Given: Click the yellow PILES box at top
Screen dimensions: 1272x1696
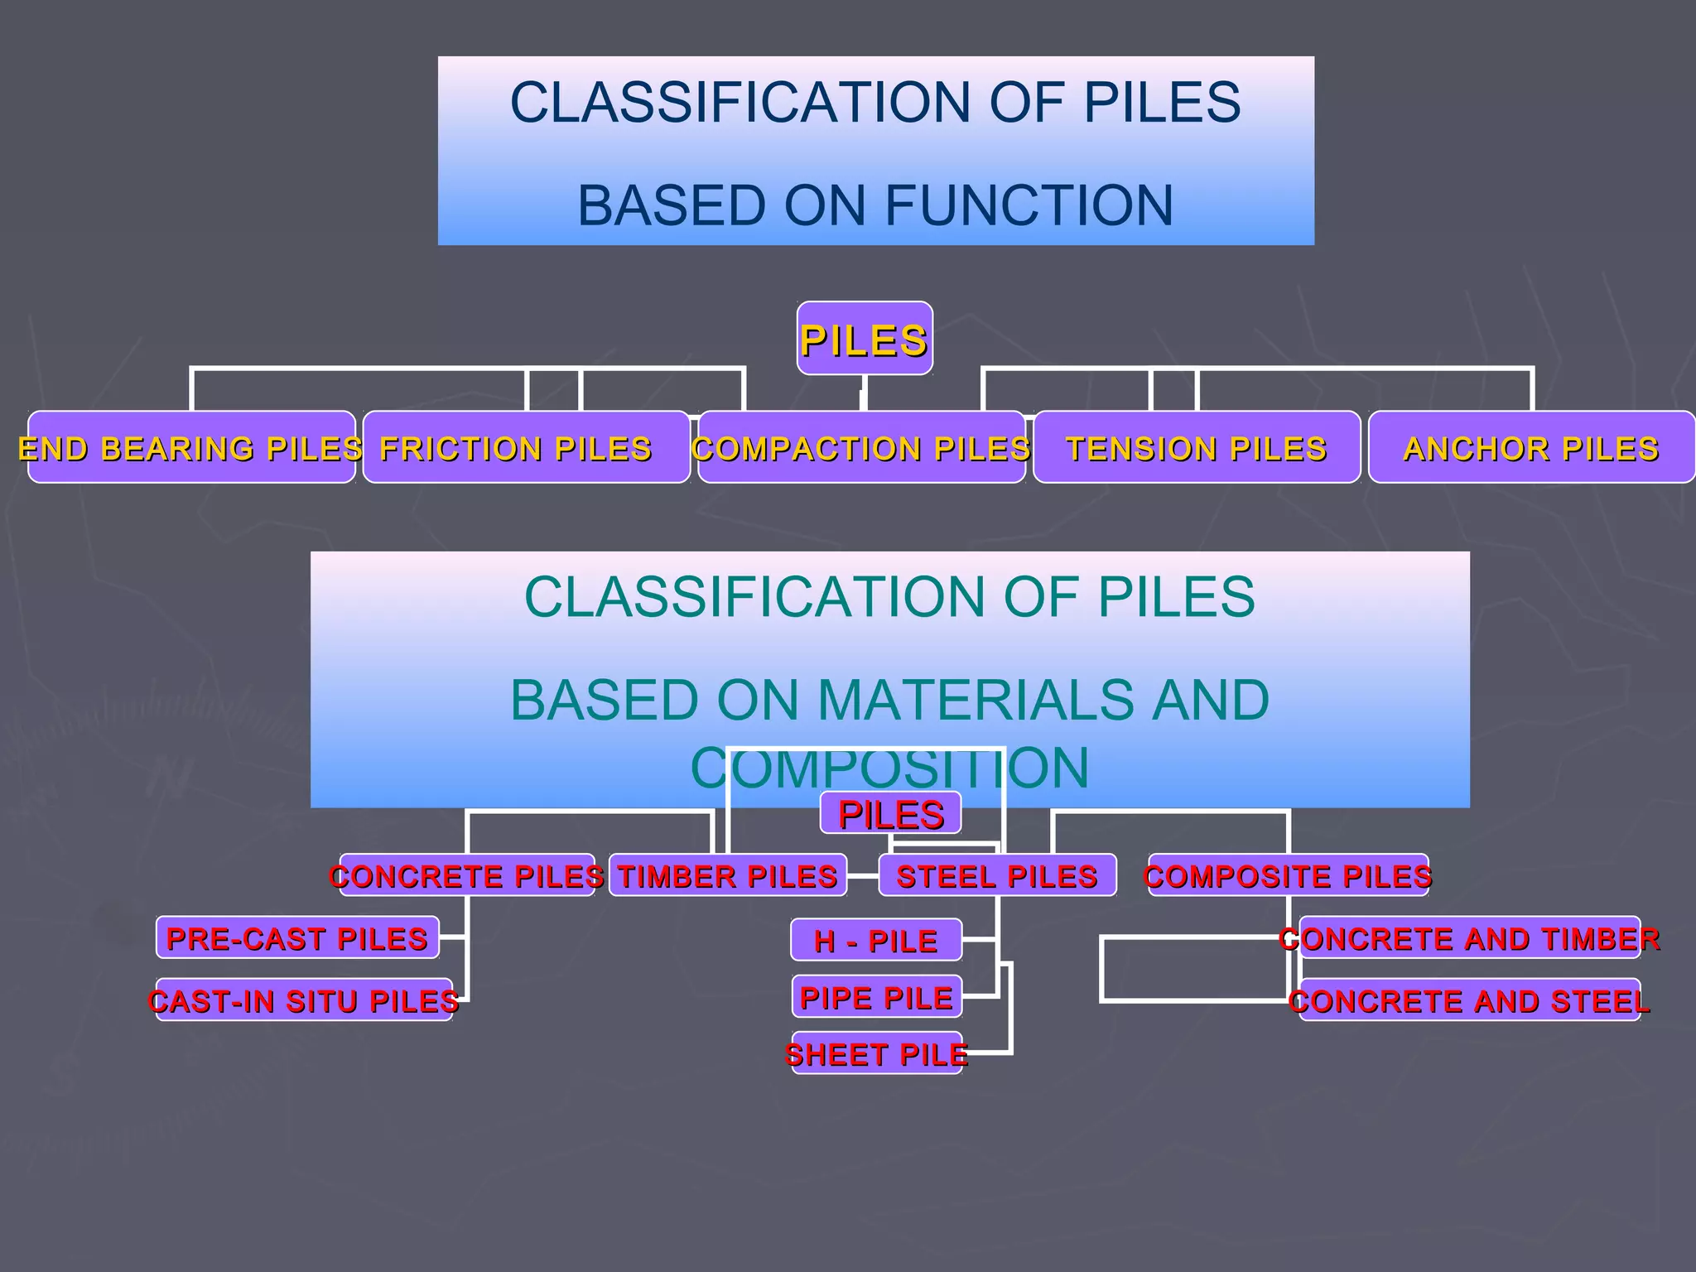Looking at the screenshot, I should tap(865, 339).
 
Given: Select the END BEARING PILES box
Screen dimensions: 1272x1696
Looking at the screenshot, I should tap(191, 447).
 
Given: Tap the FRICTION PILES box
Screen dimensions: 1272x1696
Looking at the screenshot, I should tap(526, 447).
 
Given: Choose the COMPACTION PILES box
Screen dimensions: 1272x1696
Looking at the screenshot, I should tap(861, 447).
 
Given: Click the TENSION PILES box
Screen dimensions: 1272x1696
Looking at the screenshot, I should tap(1197, 447).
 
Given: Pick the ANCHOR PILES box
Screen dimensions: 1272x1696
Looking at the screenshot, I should tap(1531, 447).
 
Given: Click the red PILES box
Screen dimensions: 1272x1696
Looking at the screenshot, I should tap(891, 813).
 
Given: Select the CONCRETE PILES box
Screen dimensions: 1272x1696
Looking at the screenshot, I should tap(467, 875).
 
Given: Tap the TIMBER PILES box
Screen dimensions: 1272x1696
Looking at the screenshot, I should tap(728, 875).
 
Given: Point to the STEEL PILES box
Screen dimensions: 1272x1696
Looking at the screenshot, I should tap(997, 875).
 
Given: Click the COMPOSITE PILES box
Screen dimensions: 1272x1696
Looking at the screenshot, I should tap(1288, 875).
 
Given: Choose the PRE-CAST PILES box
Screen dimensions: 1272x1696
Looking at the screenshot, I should tap(297, 938).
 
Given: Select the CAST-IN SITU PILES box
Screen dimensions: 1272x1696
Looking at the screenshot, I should tap(304, 1000).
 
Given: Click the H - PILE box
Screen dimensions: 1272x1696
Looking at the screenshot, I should tap(876, 940).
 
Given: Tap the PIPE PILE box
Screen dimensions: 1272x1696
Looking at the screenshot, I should tap(876, 997).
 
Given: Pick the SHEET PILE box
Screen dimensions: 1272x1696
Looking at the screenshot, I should tap(876, 1053).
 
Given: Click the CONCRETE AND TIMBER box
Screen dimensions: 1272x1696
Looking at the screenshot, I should tap(1470, 938).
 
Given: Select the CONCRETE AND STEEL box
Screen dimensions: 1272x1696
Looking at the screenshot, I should tap(1470, 1000).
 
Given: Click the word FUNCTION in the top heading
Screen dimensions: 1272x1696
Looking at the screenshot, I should tap(1029, 205).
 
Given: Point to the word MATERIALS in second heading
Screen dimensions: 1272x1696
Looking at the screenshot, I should tap(976, 700).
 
